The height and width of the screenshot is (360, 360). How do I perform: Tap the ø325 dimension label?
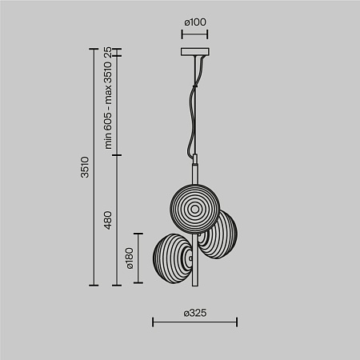(x=195, y=314)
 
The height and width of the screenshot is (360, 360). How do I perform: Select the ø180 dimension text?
(x=128, y=258)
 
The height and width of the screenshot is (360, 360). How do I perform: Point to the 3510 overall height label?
(x=86, y=167)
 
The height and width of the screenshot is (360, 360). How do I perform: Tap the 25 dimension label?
(x=107, y=54)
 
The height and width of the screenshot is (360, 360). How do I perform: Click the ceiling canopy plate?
(x=194, y=54)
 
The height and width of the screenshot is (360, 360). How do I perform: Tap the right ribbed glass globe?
(x=218, y=238)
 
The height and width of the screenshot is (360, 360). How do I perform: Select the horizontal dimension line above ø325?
(x=194, y=323)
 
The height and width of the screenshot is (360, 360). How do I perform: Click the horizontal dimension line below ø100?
(x=194, y=34)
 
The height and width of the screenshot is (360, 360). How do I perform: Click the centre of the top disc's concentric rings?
(x=194, y=210)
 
